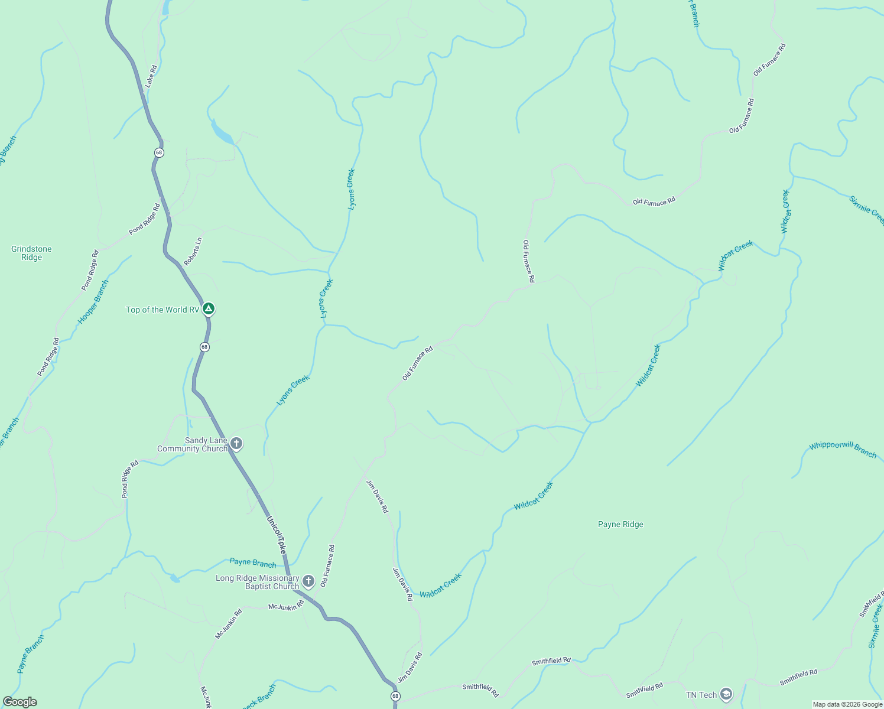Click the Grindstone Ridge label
[31, 253]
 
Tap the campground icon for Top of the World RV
[208, 308]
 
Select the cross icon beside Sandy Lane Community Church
[236, 443]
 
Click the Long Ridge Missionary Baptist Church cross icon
[308, 581]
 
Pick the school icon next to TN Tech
[726, 694]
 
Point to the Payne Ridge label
[620, 524]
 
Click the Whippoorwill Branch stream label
[843, 449]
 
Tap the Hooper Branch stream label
[93, 302]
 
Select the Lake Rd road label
[151, 77]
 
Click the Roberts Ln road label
[193, 251]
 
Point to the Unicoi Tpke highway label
[277, 535]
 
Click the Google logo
[19, 702]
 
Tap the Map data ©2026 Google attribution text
[847, 704]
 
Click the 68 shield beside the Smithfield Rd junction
[395, 696]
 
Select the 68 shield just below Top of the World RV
[204, 347]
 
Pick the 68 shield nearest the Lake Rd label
[159, 152]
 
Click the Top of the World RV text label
[162, 310]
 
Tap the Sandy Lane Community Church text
[192, 444]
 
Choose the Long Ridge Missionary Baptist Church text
[257, 582]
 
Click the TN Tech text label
[701, 695]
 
